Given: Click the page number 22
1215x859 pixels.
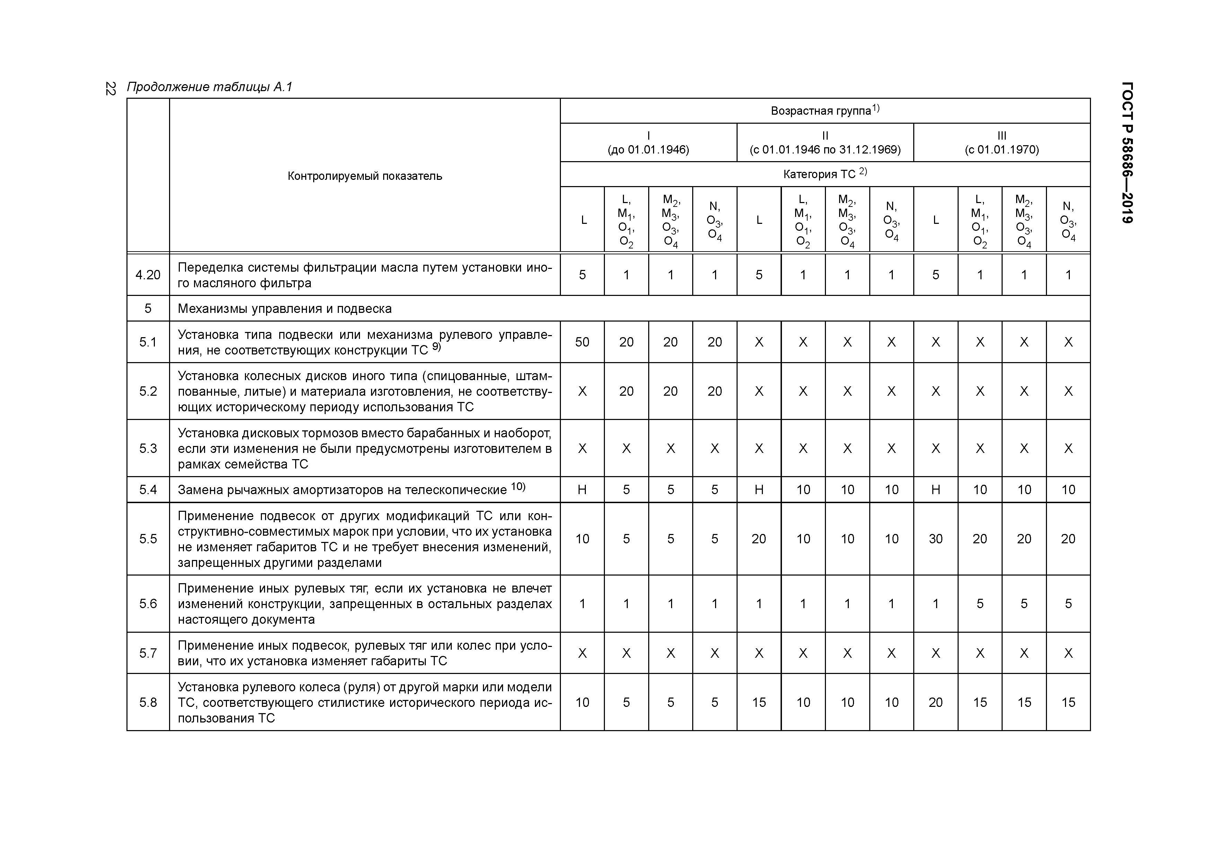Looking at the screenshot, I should (110, 88).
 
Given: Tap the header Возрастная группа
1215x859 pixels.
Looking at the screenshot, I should (825, 111).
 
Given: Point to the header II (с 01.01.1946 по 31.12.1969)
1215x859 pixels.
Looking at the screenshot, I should (825, 143).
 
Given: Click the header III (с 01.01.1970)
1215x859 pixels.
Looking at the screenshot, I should (1001, 143).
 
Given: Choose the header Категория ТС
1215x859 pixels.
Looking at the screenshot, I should (825, 174).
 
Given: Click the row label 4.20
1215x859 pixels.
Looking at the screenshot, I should (148, 275).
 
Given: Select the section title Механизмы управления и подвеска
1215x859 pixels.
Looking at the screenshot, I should (285, 308).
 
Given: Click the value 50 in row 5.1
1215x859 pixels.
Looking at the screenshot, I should (582, 342).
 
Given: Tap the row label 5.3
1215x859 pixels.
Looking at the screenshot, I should (148, 449).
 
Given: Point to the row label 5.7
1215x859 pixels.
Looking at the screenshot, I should (148, 653).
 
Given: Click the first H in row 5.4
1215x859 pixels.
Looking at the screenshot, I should (582, 490).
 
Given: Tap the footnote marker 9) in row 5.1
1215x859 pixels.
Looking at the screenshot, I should (436, 347).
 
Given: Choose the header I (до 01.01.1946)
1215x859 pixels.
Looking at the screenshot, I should (648, 143).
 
